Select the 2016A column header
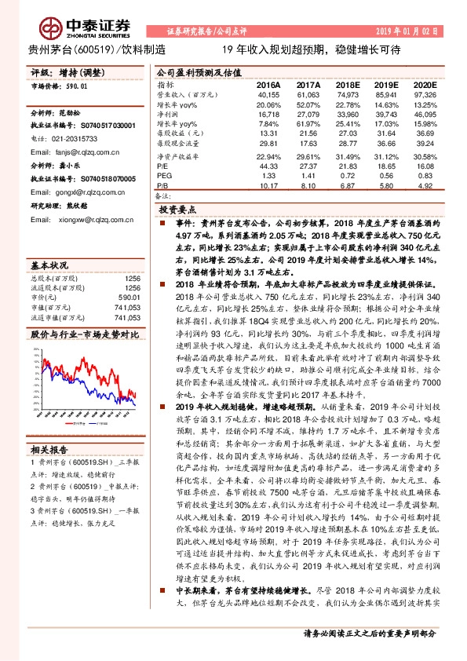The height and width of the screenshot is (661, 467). [x=268, y=83]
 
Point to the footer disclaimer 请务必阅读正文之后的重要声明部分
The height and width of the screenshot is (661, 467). [x=370, y=653]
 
